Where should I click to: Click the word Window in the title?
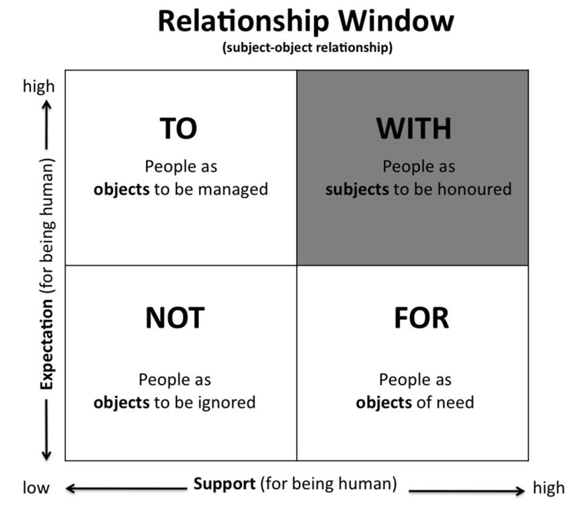[396, 22]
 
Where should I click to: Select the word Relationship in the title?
[243, 22]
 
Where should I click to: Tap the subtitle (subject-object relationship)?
[307, 48]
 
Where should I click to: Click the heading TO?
[178, 129]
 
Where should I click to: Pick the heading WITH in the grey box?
[414, 129]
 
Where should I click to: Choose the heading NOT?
[175, 318]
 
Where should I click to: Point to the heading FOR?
[421, 318]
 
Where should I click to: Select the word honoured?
[473, 189]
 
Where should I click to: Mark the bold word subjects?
[357, 189]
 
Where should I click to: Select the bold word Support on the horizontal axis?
[224, 484]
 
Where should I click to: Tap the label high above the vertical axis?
[38, 86]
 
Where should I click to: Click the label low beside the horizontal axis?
[36, 488]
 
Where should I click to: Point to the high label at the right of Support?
[548, 488]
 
